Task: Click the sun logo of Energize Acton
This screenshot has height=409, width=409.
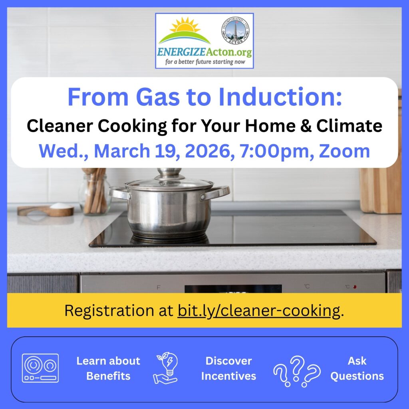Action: [x=184, y=30]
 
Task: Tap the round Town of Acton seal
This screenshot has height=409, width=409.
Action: [x=234, y=31]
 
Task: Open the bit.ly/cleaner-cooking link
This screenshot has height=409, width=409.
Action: [x=259, y=310]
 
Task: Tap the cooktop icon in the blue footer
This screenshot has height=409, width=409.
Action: [x=40, y=368]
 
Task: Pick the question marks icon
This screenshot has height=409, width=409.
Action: [x=297, y=370]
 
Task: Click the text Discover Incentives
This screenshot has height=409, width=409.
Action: [x=228, y=368]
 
